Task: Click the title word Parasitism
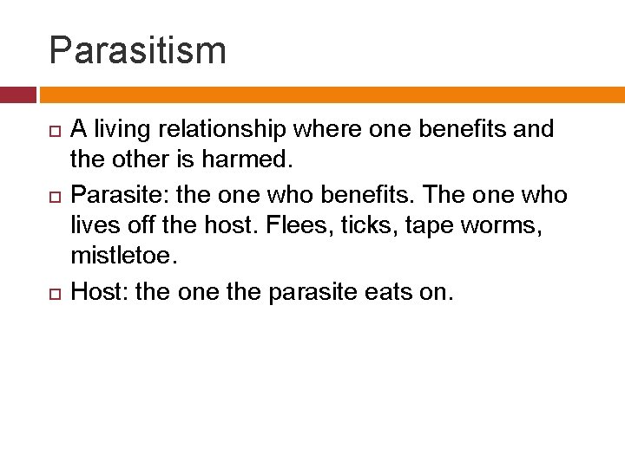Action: (137, 50)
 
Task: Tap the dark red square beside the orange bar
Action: (17, 94)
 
